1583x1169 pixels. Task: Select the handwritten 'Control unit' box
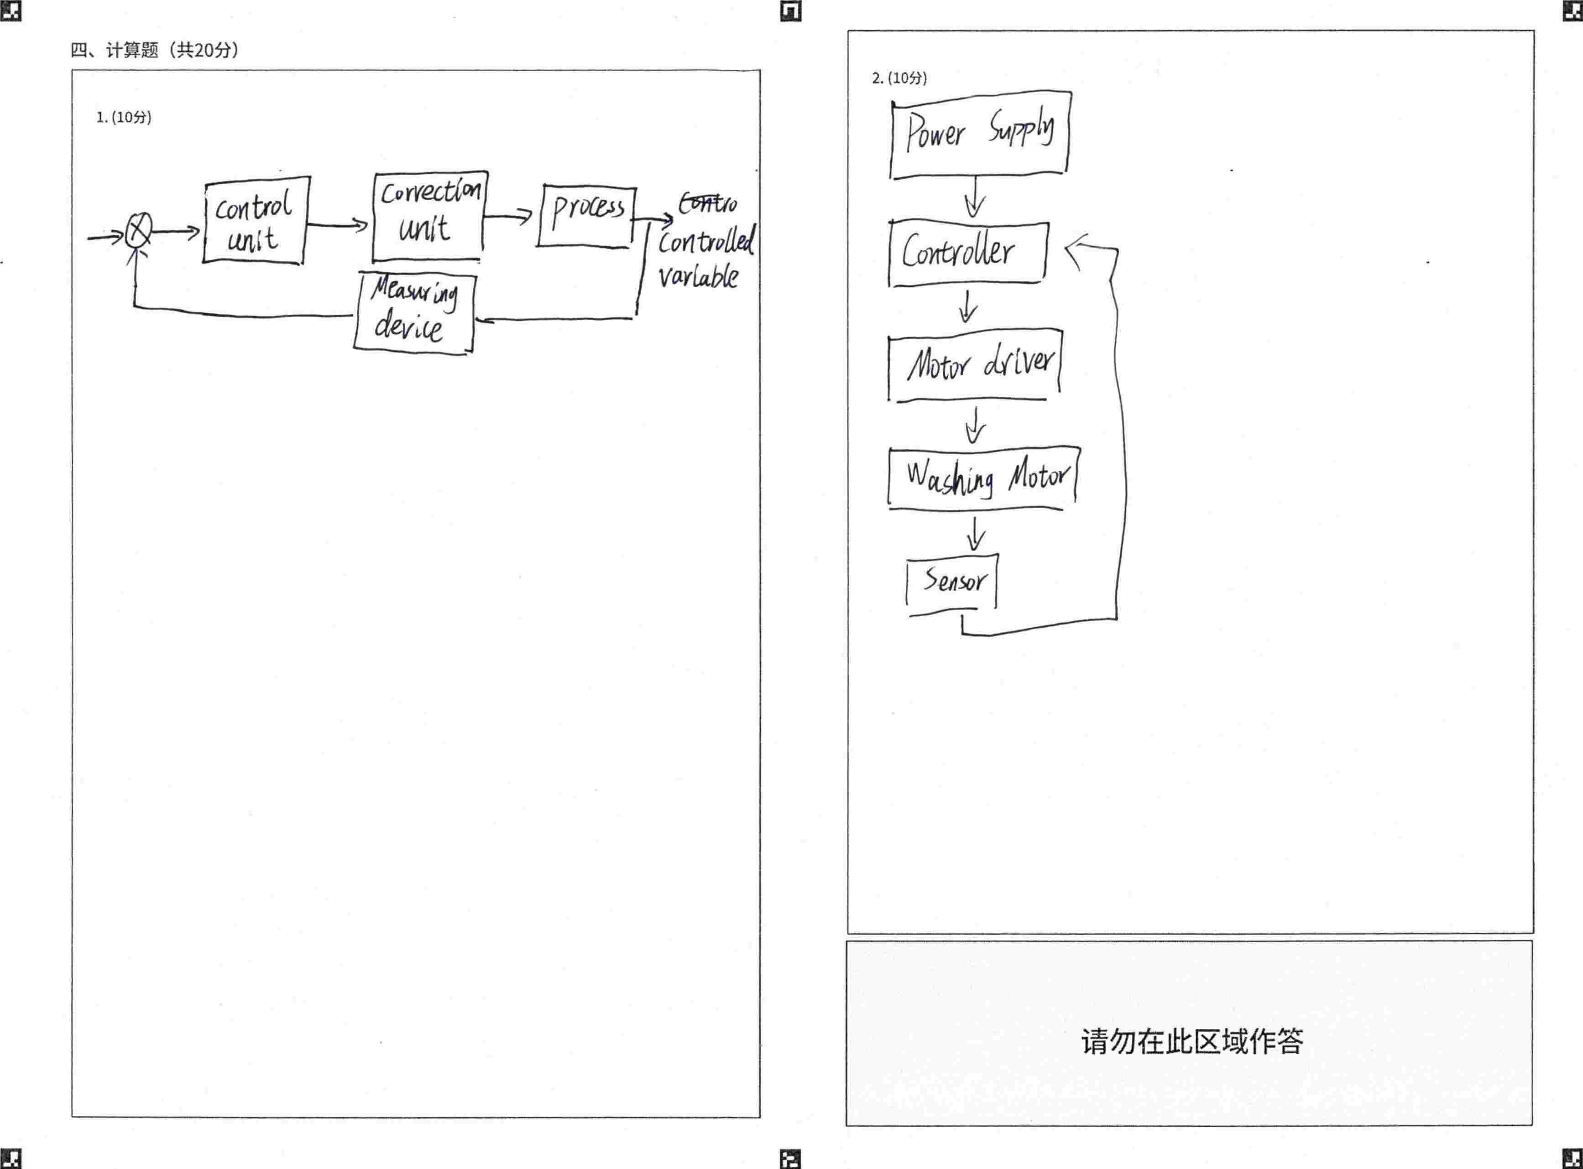click(x=256, y=221)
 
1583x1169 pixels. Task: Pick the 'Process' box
click(x=586, y=215)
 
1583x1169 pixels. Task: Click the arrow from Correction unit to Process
click(x=507, y=215)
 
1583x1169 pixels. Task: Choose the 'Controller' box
click(x=967, y=253)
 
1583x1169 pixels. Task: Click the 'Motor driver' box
click(x=974, y=364)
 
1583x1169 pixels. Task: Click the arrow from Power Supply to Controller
click(x=975, y=197)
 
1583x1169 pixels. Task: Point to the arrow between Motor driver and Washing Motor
click(x=976, y=425)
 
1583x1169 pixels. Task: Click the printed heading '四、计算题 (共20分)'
click(x=154, y=50)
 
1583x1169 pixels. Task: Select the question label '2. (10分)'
click(x=899, y=78)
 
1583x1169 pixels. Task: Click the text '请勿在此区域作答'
click(x=1191, y=1041)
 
